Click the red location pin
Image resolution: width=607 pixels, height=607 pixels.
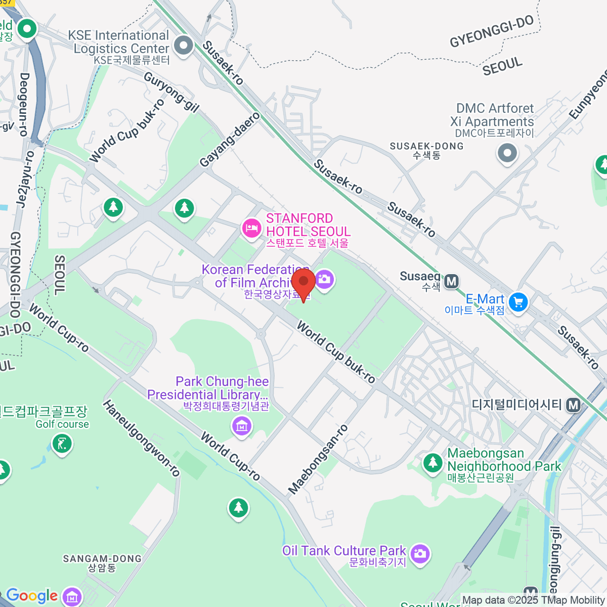point(303,283)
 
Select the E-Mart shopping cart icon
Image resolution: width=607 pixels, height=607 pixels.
point(517,302)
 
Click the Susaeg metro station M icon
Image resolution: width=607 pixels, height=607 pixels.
point(451,281)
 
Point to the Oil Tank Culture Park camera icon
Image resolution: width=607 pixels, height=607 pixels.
point(419,553)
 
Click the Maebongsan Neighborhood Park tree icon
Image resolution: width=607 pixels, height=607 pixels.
point(432,463)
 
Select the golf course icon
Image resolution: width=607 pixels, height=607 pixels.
point(62,445)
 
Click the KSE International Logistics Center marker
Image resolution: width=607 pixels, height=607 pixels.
point(183,46)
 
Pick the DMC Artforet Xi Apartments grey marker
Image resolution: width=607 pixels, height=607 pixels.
point(507,152)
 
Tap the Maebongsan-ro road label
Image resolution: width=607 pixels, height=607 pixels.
point(318,459)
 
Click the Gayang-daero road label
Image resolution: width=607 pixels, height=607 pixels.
point(230,140)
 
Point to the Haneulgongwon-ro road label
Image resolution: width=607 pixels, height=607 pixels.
point(141,438)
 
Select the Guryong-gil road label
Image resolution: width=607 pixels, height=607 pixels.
point(171,92)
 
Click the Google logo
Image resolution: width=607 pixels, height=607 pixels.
point(32,596)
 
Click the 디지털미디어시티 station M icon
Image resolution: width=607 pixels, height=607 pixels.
point(573,405)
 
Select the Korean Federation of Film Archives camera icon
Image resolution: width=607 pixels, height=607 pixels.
point(324,279)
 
